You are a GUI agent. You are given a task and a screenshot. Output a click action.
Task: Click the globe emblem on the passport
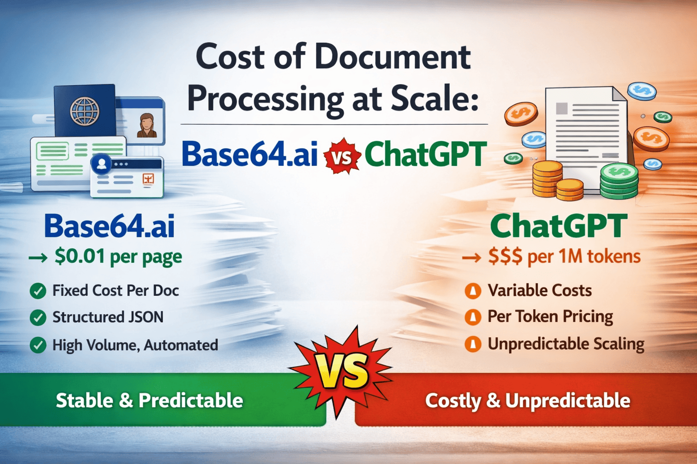click(85, 111)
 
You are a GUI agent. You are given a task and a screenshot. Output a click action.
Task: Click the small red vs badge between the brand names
click(342, 156)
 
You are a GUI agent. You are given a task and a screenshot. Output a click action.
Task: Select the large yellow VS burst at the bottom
click(340, 372)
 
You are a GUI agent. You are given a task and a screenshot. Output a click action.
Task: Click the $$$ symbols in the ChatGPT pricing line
click(506, 256)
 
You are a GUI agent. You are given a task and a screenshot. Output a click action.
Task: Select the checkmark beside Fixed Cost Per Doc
click(38, 291)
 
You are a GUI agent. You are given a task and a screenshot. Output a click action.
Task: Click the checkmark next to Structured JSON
click(38, 318)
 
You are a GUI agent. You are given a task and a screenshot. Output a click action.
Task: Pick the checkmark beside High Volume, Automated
click(38, 345)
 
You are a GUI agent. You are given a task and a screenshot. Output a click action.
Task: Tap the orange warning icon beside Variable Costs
click(473, 291)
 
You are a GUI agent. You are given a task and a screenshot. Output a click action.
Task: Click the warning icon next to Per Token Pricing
click(473, 317)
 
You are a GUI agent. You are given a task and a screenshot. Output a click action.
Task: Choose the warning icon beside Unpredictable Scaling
click(473, 344)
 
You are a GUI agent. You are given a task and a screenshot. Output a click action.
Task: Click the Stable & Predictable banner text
click(149, 400)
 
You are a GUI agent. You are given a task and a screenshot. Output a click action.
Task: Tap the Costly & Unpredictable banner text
click(528, 401)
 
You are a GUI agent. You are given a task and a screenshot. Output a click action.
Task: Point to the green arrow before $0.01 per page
click(38, 258)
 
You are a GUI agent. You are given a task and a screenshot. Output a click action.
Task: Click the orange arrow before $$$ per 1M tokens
click(472, 258)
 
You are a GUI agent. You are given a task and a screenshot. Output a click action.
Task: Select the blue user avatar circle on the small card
click(101, 164)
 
